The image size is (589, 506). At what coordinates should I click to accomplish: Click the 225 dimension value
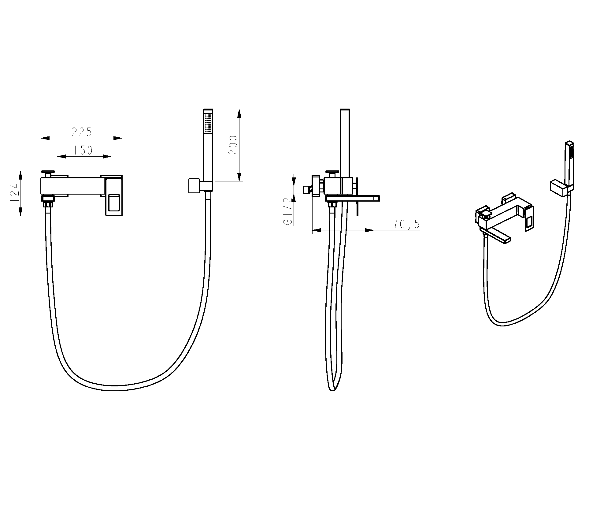pos(82,132)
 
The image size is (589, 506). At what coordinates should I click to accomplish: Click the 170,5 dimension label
pos(403,224)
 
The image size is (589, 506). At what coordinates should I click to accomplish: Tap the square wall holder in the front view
pos(194,185)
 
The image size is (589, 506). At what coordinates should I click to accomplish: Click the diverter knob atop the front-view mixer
pos(48,173)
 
